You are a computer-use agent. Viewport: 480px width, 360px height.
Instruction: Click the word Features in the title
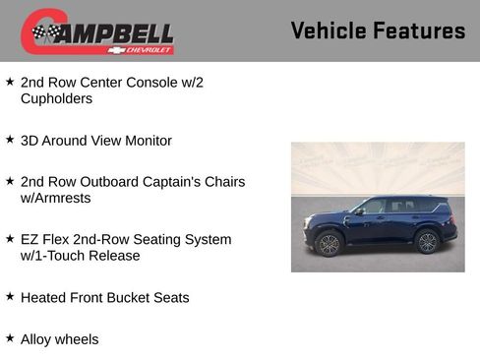point(419,30)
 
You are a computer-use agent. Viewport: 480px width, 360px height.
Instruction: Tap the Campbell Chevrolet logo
point(97,31)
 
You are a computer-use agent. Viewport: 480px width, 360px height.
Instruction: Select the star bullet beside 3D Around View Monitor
point(10,140)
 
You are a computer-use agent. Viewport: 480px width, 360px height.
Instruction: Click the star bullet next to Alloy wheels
point(10,338)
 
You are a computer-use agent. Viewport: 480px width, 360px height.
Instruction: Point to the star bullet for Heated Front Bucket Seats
point(10,296)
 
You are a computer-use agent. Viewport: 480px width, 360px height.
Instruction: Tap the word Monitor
point(146,141)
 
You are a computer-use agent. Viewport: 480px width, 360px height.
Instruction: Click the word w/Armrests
point(55,198)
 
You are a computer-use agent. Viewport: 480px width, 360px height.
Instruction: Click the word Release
point(113,256)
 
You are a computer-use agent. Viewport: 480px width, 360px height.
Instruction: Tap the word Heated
point(43,297)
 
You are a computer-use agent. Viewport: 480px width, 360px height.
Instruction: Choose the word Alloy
point(37,339)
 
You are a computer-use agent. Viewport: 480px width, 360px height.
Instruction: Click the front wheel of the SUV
point(330,243)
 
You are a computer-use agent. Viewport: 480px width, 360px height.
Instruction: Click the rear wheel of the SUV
point(427,242)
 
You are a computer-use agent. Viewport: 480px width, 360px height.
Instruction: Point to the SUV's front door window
point(375,208)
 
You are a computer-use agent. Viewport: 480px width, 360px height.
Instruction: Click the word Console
point(151,82)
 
